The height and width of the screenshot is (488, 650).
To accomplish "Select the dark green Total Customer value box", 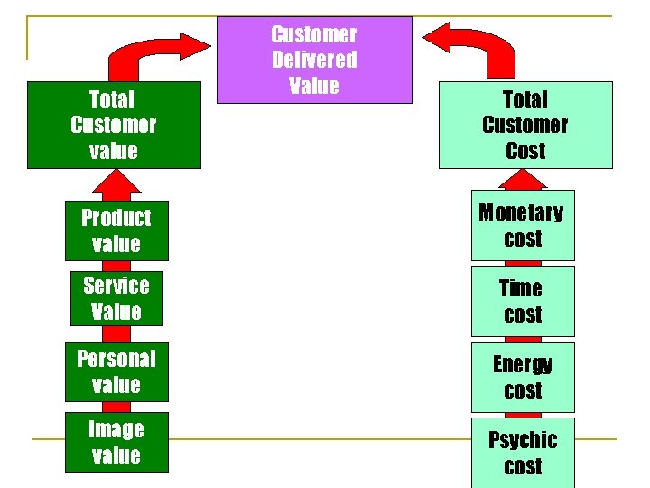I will pos(114,126).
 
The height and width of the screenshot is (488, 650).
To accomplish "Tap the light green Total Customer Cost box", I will pos(525,126).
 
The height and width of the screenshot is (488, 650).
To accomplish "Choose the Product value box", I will pos(116,230).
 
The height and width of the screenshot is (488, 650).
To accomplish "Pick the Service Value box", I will pos(116,298).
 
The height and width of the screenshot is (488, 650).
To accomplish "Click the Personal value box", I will pos(116,371).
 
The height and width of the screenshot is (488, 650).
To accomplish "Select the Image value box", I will pos(116,442).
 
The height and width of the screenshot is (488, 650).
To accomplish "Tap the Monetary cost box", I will pos(522,226).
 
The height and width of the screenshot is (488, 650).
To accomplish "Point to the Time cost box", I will pos(522,301).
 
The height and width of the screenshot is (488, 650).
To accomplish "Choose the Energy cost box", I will pos(522,377).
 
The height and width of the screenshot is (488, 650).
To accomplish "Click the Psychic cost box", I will pos(522,452).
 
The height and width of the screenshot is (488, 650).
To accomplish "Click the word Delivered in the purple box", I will pos(314,60).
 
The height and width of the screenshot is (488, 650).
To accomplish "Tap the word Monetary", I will pos(521,213).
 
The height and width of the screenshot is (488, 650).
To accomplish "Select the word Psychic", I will pos(523,440).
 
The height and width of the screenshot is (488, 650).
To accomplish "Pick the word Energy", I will pos(523,364).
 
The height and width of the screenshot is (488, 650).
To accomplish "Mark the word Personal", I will pos(116,359).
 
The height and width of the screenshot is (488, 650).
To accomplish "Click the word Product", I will pos(116,218).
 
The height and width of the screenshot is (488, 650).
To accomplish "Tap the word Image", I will pos(116,429).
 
